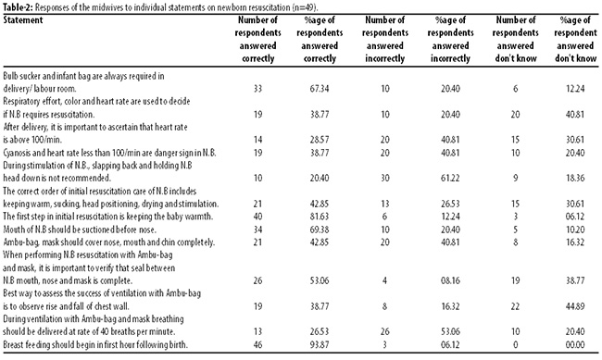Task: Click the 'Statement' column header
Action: [x=23, y=20]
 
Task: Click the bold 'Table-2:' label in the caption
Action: [x=18, y=7]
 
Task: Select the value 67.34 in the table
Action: [x=320, y=89]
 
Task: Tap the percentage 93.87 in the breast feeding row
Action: [x=320, y=344]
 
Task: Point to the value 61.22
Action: [x=450, y=178]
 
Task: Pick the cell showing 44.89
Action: [x=575, y=306]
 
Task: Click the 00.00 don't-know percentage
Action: [x=575, y=344]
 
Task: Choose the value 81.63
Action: [x=320, y=217]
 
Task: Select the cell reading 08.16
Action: [x=450, y=280]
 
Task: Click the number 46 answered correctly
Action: [x=258, y=344]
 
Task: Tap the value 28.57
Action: [x=320, y=140]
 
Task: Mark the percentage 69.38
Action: [x=320, y=230]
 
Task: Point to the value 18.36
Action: [x=575, y=178]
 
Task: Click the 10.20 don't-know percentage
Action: [x=575, y=230]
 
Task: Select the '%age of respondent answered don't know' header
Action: [x=575, y=39]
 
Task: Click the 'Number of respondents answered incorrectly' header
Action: [x=385, y=39]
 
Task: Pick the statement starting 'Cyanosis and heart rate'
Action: [x=109, y=153]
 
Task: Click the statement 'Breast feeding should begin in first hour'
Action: [x=95, y=344]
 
